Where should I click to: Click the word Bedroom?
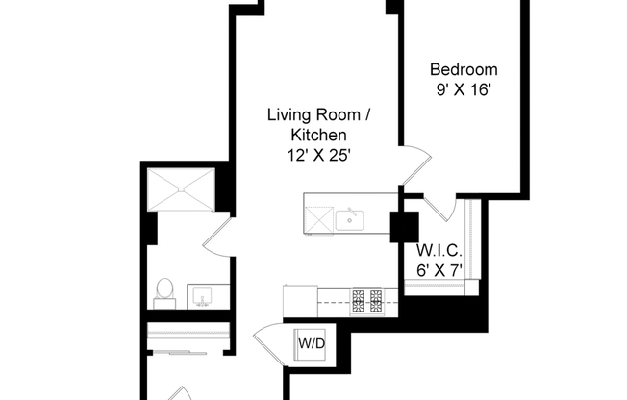click(464, 69)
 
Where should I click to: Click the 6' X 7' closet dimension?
click(439, 271)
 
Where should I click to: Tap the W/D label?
click(310, 343)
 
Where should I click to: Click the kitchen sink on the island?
click(351, 220)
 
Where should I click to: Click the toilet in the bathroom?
click(163, 290)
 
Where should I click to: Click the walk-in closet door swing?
click(437, 206)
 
